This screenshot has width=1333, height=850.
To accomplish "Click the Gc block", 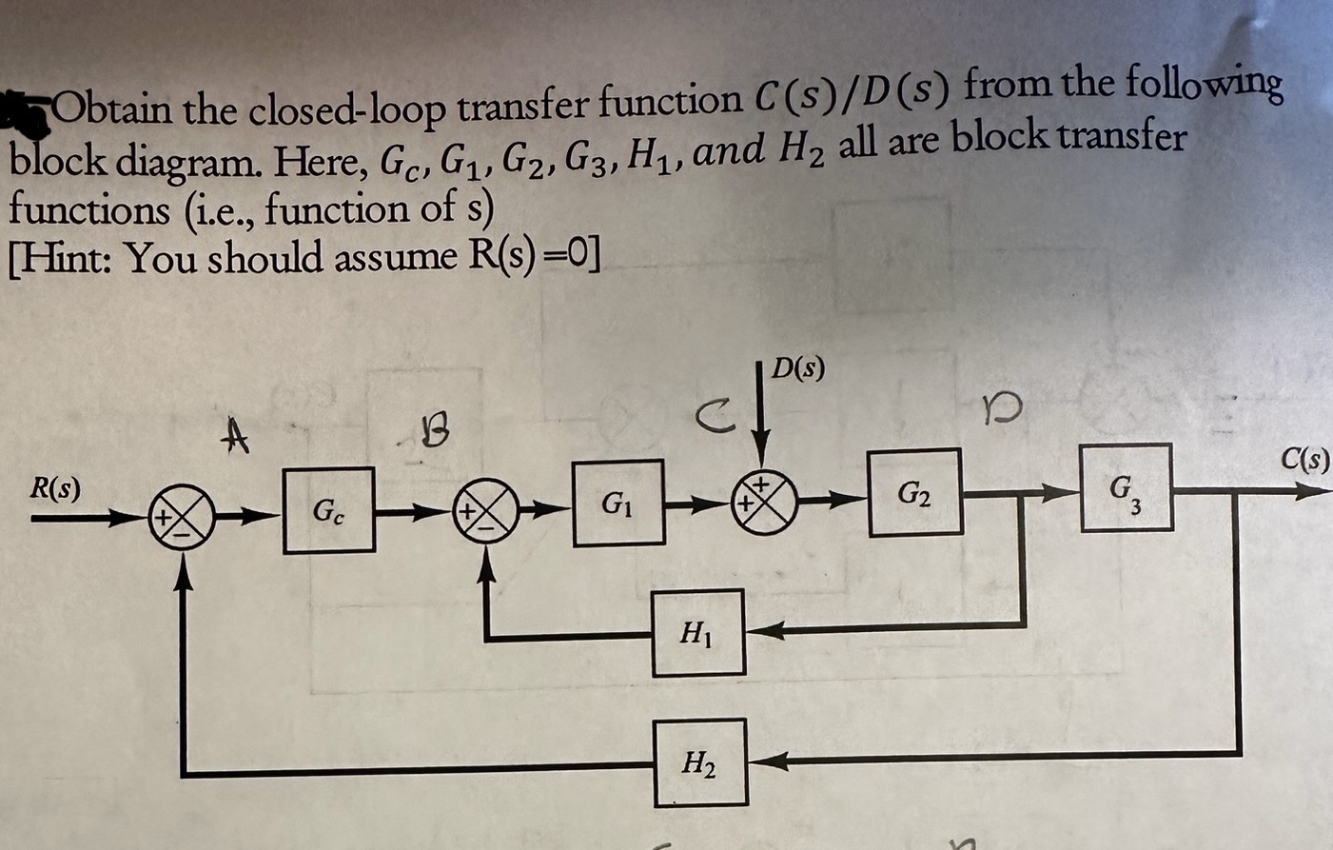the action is tap(328, 510).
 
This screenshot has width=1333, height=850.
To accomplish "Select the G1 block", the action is tap(618, 502).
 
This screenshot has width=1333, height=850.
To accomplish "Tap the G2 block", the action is tap(914, 492).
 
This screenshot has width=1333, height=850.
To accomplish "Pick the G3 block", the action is tap(1127, 486).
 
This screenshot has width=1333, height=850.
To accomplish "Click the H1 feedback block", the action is tap(698, 632).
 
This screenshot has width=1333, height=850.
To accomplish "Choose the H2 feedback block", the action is tap(700, 762).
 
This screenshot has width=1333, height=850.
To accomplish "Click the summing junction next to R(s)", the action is tap(182, 518).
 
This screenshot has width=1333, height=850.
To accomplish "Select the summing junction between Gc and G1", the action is tap(488, 511).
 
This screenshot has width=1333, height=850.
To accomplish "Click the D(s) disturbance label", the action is tap(797, 367).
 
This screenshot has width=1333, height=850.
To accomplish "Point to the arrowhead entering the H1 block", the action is tap(759, 629).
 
